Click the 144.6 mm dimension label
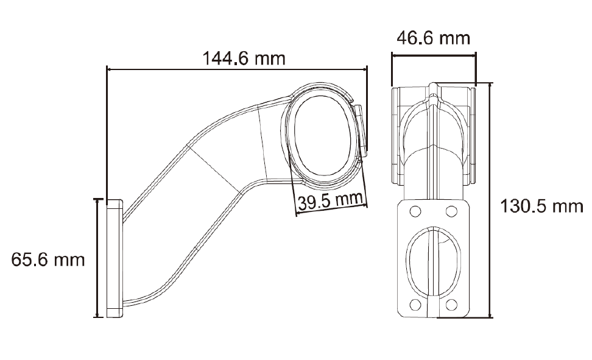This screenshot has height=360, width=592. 244,58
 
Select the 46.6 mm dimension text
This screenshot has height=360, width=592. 433,38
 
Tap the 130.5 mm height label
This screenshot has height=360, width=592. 541,206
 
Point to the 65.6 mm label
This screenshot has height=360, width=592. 48,259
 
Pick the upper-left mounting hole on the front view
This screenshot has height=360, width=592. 415,211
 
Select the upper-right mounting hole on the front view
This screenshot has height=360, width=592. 451,211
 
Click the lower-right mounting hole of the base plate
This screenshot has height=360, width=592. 451,305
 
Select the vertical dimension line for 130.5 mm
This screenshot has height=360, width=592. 490,201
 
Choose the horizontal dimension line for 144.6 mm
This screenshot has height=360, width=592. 238,69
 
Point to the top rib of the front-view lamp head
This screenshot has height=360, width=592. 433,91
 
